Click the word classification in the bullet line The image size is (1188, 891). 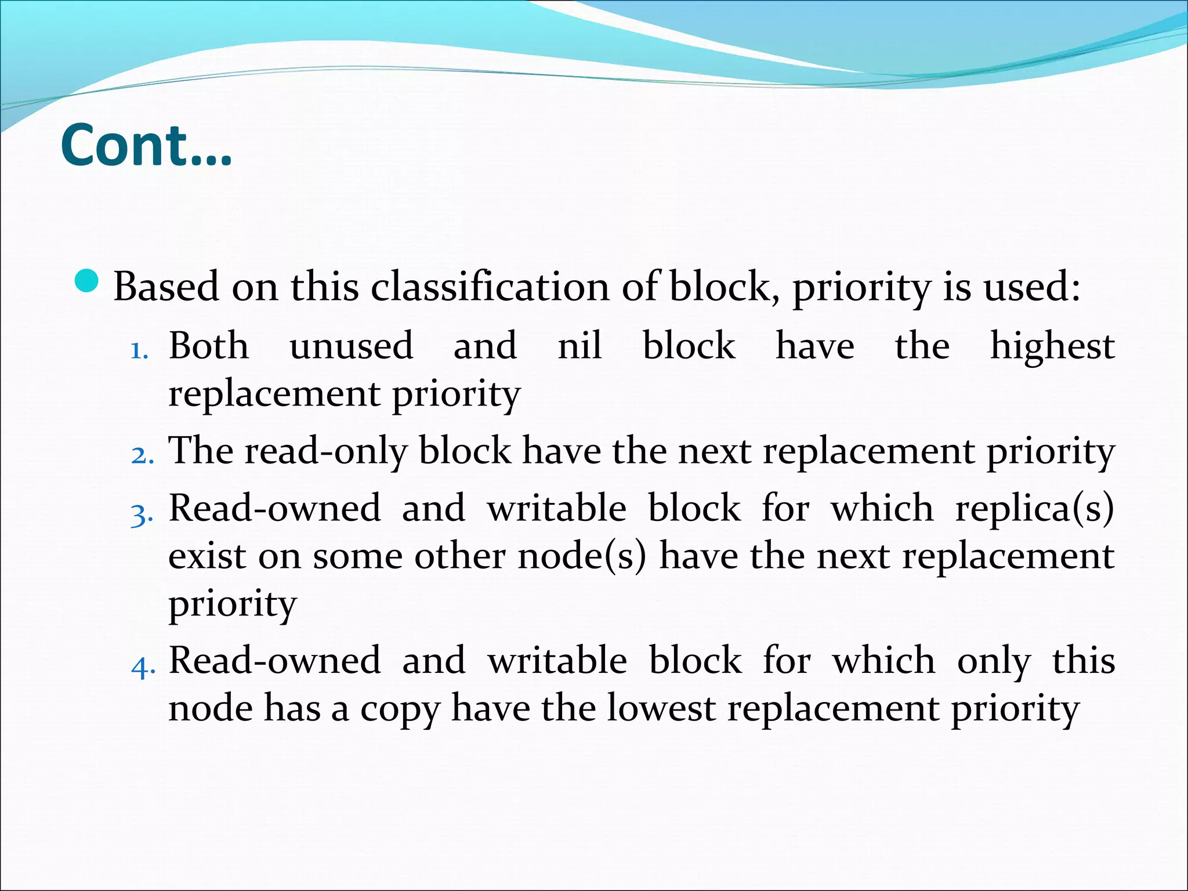[490, 287]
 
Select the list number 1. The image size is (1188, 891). [139, 350]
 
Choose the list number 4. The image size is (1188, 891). [143, 665]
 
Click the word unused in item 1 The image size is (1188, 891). [351, 346]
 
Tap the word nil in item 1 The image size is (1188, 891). [579, 346]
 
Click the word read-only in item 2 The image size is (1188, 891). [326, 451]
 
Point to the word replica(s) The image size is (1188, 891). [1034, 509]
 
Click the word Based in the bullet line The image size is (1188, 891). [166, 287]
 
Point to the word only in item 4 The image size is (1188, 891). [994, 662]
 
